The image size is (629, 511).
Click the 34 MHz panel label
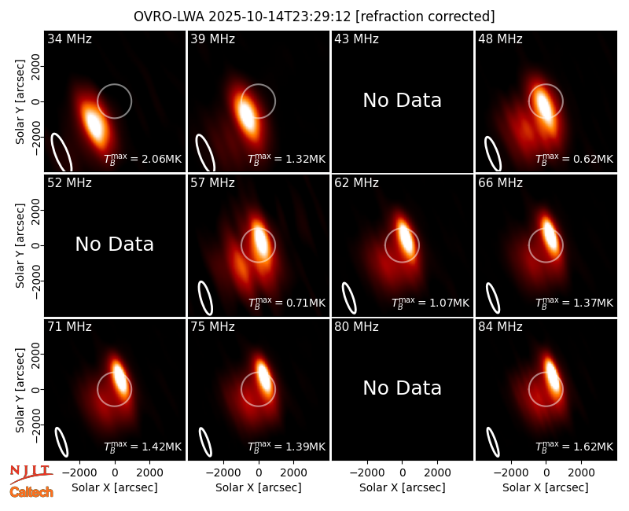69,39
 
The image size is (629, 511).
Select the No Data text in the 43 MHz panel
403,101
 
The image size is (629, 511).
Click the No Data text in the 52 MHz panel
114,244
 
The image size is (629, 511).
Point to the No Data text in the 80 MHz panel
403,388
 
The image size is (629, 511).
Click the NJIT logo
31,474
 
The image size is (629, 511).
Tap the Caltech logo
31,492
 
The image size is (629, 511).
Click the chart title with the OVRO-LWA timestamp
314,17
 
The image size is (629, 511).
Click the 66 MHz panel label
500,183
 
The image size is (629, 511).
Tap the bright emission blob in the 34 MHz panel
93,124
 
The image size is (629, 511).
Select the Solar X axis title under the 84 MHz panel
546,487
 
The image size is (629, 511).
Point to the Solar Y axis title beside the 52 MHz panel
20,245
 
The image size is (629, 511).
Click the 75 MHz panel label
212,326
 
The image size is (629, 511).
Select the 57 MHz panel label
212,183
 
